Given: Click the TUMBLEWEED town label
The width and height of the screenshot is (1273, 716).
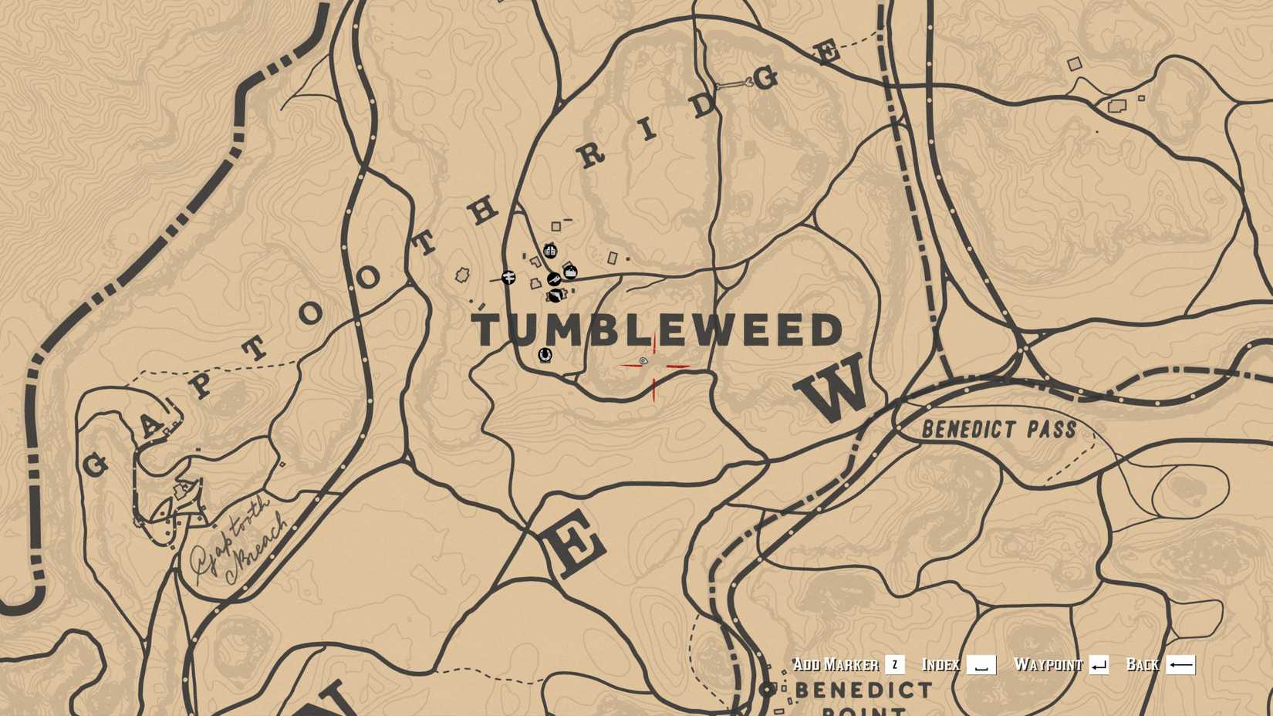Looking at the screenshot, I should point(657,330).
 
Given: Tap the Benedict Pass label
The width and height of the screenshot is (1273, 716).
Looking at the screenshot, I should point(998,429).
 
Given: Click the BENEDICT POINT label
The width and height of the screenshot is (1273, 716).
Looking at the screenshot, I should point(863,694).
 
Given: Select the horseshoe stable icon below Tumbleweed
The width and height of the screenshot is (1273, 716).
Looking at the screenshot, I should point(545,354).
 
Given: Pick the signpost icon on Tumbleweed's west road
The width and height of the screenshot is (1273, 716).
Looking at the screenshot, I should point(508,277).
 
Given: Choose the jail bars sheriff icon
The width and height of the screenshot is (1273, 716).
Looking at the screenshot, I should point(550,251).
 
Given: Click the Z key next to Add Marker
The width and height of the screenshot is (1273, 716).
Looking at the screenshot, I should point(894,664).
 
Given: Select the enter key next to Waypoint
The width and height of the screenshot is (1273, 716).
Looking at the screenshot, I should point(1099,664).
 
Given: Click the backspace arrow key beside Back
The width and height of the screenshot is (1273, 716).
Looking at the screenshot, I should point(1180,664).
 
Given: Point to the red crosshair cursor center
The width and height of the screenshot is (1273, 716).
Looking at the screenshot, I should point(654,366).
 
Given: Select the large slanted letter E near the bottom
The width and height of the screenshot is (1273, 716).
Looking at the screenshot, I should point(575,545).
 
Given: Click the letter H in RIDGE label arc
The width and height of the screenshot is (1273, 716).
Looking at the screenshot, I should point(484,210).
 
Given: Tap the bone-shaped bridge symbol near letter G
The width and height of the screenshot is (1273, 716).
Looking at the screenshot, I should point(734,84).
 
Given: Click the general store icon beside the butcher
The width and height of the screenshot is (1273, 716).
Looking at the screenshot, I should point(570,270).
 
